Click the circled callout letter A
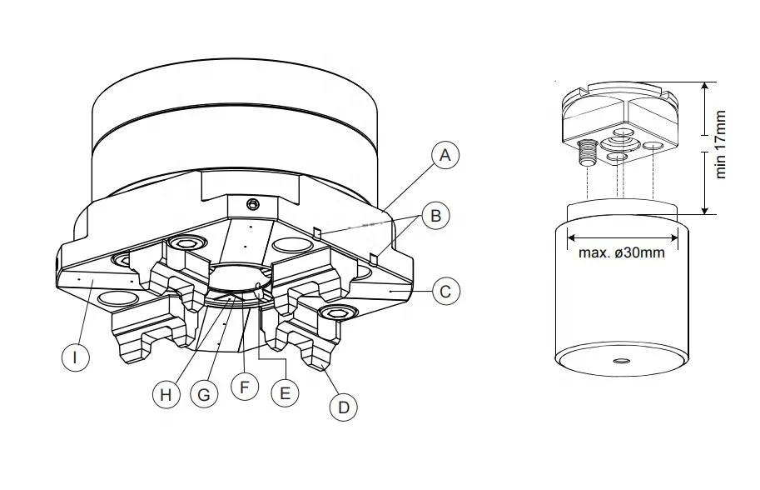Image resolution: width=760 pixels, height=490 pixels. (445, 155)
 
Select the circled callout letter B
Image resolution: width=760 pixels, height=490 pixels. (435, 215)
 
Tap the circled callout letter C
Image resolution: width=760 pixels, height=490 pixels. (445, 291)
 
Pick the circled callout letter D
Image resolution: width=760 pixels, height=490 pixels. (343, 407)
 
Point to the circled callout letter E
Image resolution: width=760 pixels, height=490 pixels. (285, 392)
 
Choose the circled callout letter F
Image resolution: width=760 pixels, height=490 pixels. (244, 387)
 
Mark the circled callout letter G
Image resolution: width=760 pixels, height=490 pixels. (204, 394)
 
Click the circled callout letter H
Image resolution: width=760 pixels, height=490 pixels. (166, 394)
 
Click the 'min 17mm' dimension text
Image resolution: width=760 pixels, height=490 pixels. (720, 144)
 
